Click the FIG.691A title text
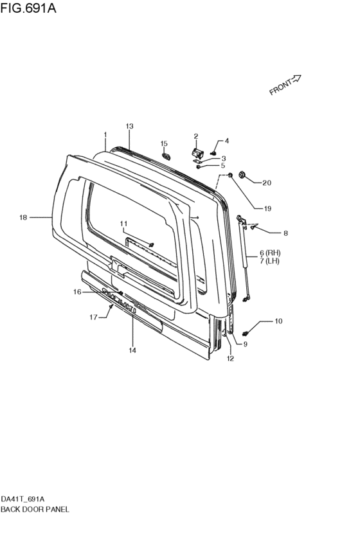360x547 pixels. [x=28, y=8]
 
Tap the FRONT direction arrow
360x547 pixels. [x=296, y=79]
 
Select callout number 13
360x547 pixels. [x=129, y=126]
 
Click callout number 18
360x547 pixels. [x=23, y=218]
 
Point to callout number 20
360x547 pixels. [x=267, y=183]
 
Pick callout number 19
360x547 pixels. [x=267, y=209]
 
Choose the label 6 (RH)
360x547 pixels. [x=270, y=253]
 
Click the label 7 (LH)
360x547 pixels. [x=269, y=260]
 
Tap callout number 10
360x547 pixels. [x=278, y=321]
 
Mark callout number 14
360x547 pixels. [x=132, y=350]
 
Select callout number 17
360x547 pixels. [x=93, y=317]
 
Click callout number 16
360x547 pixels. [x=77, y=292]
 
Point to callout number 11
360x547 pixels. [x=124, y=223]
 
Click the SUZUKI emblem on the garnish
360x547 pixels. [x=118, y=299]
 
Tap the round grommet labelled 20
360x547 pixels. [x=240, y=174]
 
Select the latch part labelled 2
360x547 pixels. [x=198, y=152]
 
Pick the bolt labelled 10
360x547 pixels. [x=245, y=334]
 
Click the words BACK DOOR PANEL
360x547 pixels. [x=35, y=509]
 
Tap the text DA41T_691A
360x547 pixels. [x=22, y=499]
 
